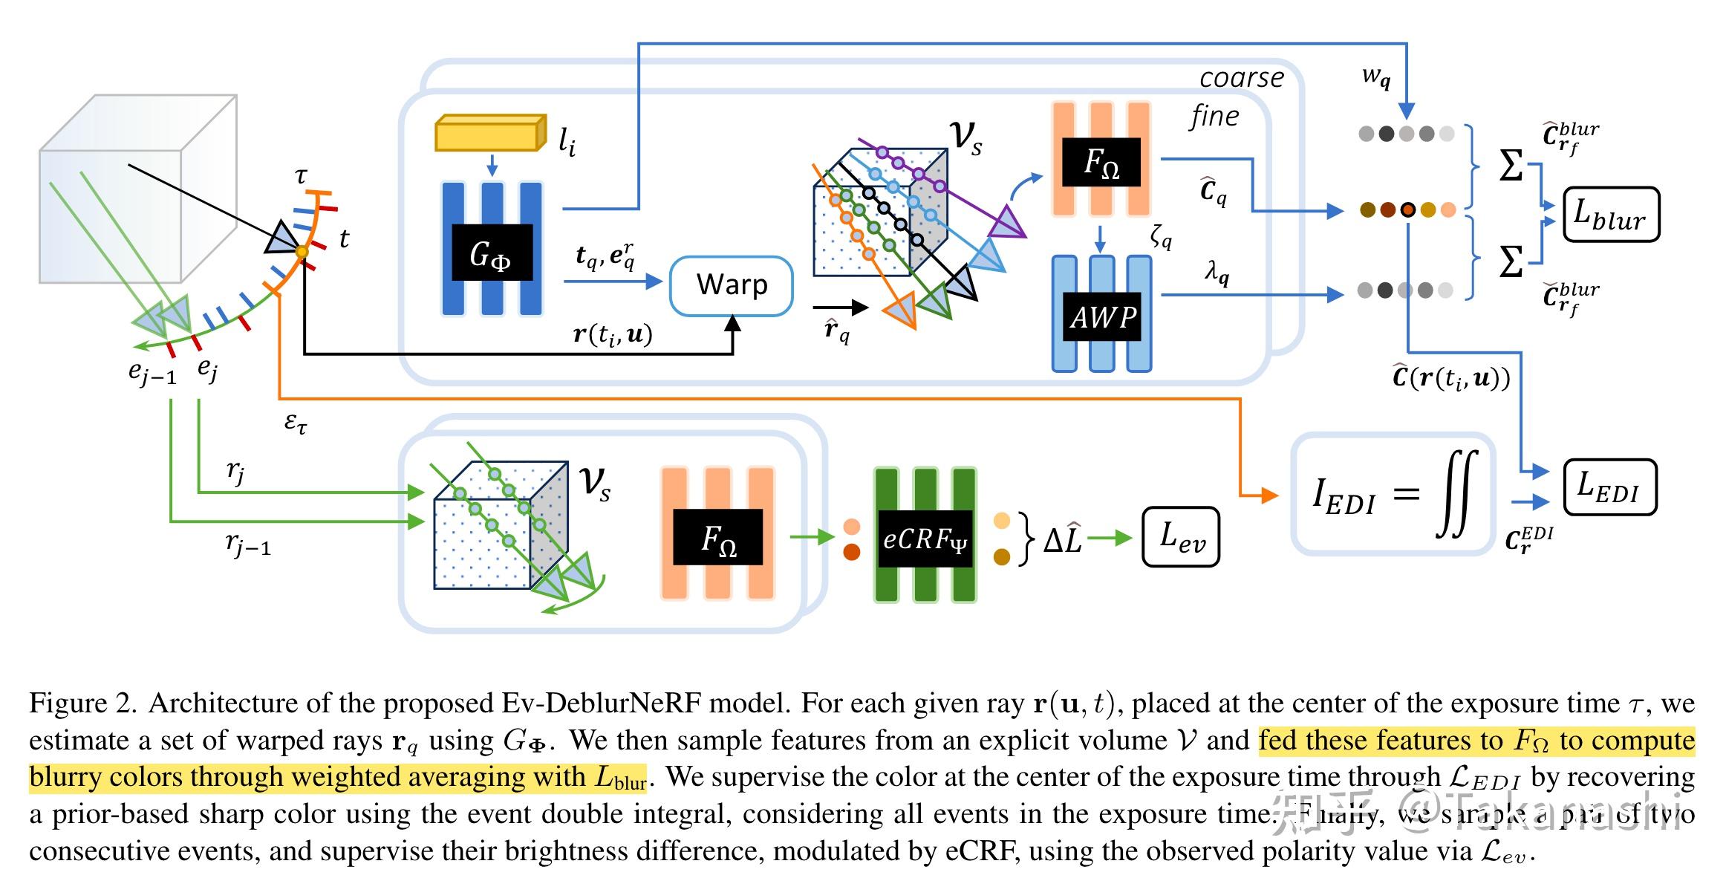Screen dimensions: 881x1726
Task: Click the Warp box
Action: point(731,285)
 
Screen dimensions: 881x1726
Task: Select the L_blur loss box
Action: point(1609,215)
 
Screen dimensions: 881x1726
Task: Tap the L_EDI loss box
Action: point(1609,487)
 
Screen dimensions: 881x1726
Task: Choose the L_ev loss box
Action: point(1180,537)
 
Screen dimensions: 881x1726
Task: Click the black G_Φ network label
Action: point(491,253)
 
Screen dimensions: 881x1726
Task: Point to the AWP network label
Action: point(1101,317)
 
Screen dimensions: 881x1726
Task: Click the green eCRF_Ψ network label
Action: point(925,539)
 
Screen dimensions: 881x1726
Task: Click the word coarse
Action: point(1241,78)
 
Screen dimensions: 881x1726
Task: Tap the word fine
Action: point(1214,116)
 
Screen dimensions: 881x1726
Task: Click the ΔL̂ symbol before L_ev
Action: point(1062,540)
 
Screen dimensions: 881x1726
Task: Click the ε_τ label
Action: point(296,423)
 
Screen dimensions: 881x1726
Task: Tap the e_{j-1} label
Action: point(152,374)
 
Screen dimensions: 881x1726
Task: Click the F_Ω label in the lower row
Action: point(718,537)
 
